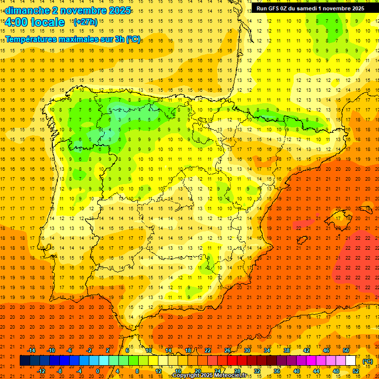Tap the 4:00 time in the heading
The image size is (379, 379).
point(15,22)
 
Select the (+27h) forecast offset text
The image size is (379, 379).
point(85,22)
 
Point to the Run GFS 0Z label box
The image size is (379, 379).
point(310,8)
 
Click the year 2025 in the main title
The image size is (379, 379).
point(119,10)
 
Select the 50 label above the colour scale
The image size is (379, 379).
point(345,350)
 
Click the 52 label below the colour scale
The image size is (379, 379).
point(356,371)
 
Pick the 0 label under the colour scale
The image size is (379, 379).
point(98,371)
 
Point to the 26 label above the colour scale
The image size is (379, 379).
point(227,350)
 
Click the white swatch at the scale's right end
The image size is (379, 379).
point(350,361)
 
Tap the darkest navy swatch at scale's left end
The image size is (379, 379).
point(25,361)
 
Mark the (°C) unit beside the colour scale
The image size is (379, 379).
point(368,361)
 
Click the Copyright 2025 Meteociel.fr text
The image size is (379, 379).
point(209,376)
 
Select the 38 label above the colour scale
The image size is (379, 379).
point(287,350)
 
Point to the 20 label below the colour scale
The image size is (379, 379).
point(197,371)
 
